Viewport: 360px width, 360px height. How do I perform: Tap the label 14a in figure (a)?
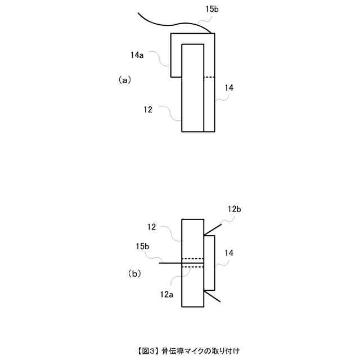click(x=137, y=55)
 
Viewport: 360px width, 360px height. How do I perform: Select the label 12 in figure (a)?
click(x=148, y=110)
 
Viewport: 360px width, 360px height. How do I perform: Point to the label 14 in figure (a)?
click(x=229, y=87)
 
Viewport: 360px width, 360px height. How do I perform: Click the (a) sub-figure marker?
click(x=124, y=80)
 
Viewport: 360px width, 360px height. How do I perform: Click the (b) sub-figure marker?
click(x=134, y=274)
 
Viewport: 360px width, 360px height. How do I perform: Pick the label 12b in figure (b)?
click(x=235, y=209)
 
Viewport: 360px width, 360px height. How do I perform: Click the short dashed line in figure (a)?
click(x=209, y=77)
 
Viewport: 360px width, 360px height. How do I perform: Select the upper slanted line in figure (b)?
click(x=213, y=230)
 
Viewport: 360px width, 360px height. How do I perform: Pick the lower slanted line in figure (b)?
click(x=213, y=297)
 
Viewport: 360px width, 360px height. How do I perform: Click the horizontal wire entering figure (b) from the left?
click(x=170, y=263)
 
